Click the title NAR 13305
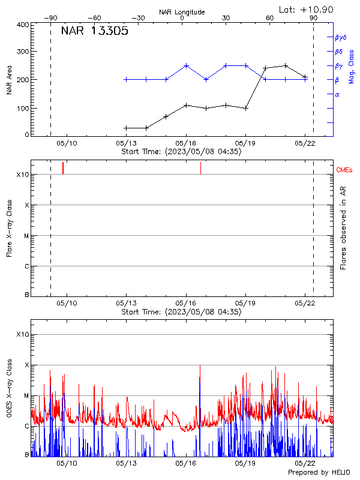click(94, 32)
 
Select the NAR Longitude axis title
click(182, 11)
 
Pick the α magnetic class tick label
click(337, 94)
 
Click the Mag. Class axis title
click(352, 65)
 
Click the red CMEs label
click(344, 170)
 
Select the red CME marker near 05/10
click(63, 168)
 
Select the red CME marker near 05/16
click(200, 168)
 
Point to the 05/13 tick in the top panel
click(126, 143)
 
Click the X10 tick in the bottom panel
click(22, 334)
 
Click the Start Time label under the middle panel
click(181, 312)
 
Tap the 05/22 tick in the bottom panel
click(305, 464)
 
